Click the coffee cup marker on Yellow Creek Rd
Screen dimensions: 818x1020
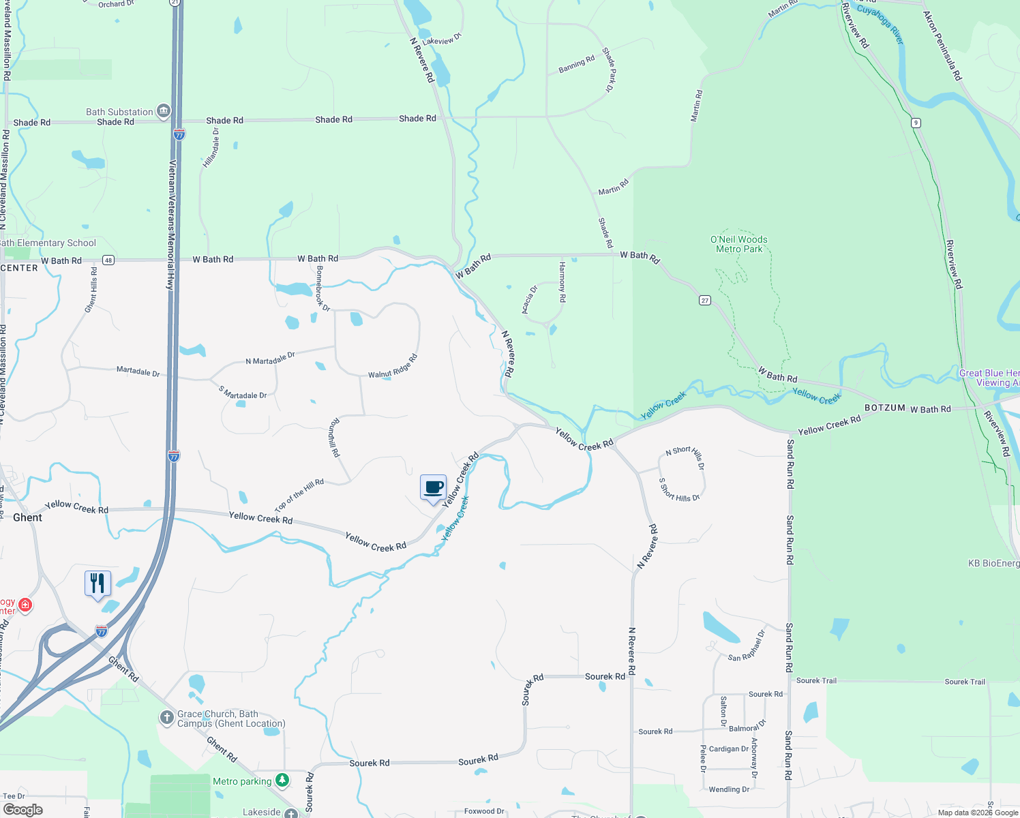(x=433, y=488)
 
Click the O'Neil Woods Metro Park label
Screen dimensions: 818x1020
(x=739, y=244)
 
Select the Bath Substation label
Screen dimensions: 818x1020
(x=120, y=112)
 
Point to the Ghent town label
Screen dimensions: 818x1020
(x=27, y=517)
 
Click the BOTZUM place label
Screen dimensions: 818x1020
(x=884, y=408)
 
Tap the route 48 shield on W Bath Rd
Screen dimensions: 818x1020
(x=108, y=260)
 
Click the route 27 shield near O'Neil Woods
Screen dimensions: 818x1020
(x=705, y=300)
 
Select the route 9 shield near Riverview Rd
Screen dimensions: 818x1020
(x=916, y=123)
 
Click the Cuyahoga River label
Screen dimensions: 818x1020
(x=880, y=25)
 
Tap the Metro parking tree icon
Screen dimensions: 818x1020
(x=282, y=780)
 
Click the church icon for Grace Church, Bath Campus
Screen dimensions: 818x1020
(x=166, y=717)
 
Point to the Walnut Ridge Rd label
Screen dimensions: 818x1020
(x=393, y=367)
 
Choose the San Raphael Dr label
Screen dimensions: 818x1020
(x=747, y=646)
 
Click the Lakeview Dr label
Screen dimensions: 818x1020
(x=442, y=40)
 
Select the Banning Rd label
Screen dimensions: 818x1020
(x=577, y=64)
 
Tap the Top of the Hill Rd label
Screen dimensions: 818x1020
(x=299, y=495)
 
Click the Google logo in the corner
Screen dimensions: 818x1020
(x=23, y=810)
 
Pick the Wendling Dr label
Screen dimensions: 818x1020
(x=729, y=789)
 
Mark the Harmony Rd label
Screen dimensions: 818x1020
(x=562, y=282)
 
